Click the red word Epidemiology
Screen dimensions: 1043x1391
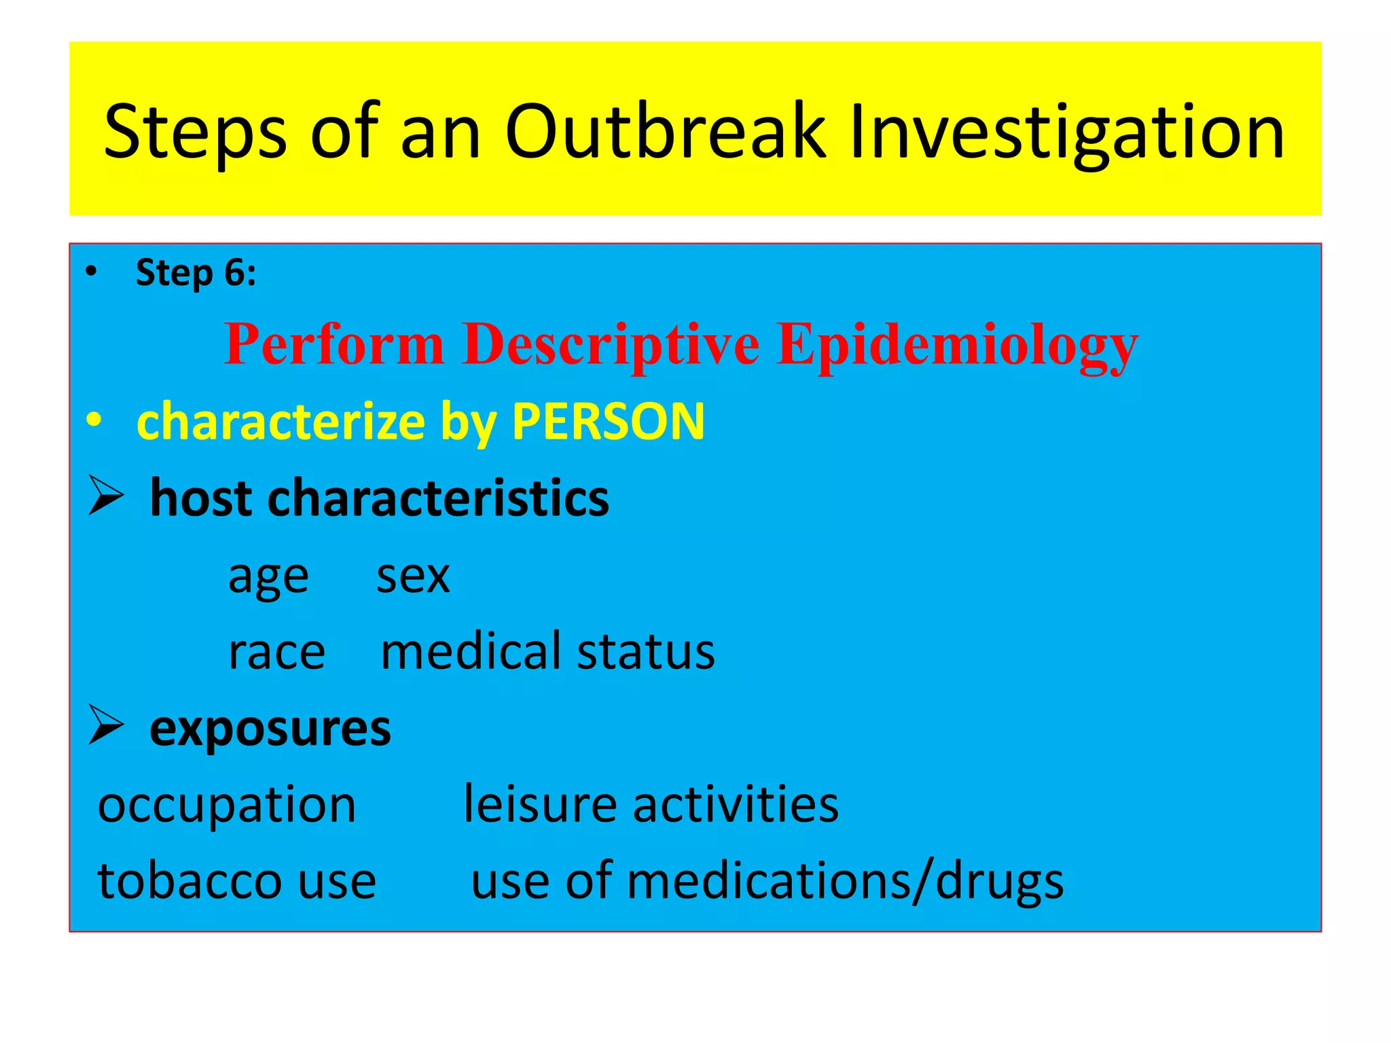(x=957, y=344)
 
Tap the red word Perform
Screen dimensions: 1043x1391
(x=334, y=344)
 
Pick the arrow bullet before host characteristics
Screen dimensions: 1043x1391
(x=106, y=496)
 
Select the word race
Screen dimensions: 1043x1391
(x=276, y=653)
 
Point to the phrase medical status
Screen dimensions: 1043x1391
(x=547, y=651)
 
